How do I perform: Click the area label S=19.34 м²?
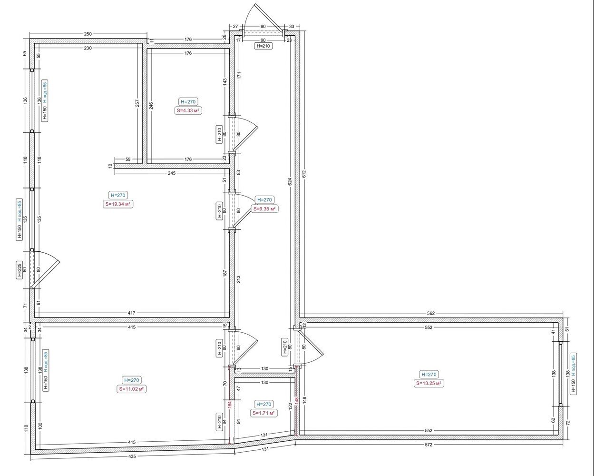pos(118,204)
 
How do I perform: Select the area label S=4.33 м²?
pos(188,111)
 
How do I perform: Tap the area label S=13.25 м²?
pos(429,383)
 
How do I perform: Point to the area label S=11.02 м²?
pos(132,389)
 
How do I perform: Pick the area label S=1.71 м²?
pos(263,413)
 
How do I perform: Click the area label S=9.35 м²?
pos(264,209)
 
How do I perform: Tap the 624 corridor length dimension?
pos(290,181)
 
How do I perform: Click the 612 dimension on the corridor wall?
pos(304,174)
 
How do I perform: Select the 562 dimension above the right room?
pos(431,313)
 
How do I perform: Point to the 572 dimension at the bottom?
pos(428,445)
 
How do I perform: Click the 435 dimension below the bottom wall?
pos(132,456)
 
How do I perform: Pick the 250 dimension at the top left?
pos(88,34)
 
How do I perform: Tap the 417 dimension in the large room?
pos(132,313)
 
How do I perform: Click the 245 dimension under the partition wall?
pos(171,173)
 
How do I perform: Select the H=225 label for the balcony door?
pos(20,270)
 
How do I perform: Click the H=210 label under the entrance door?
pos(263,46)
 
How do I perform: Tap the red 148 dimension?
pos(296,400)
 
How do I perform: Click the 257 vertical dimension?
pos(137,103)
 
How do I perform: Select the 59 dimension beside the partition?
pos(128,159)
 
